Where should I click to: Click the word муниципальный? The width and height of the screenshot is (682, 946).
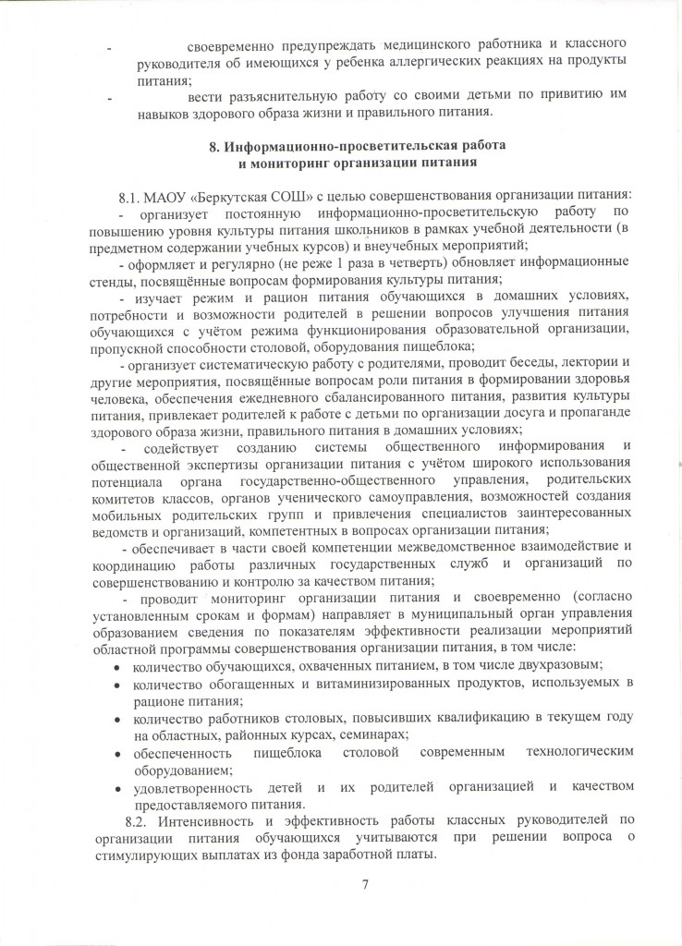click(x=433, y=613)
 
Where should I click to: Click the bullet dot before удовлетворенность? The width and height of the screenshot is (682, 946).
click(x=116, y=786)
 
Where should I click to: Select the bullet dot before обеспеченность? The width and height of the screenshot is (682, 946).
click(x=116, y=752)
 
